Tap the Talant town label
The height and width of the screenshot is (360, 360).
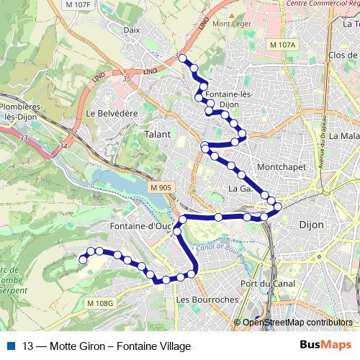coord(158,135)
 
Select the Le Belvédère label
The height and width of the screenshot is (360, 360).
coord(111,113)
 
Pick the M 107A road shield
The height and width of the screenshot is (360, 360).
coord(283,45)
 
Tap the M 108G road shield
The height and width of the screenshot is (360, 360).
coord(101,302)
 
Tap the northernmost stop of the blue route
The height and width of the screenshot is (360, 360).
coord(183,58)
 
